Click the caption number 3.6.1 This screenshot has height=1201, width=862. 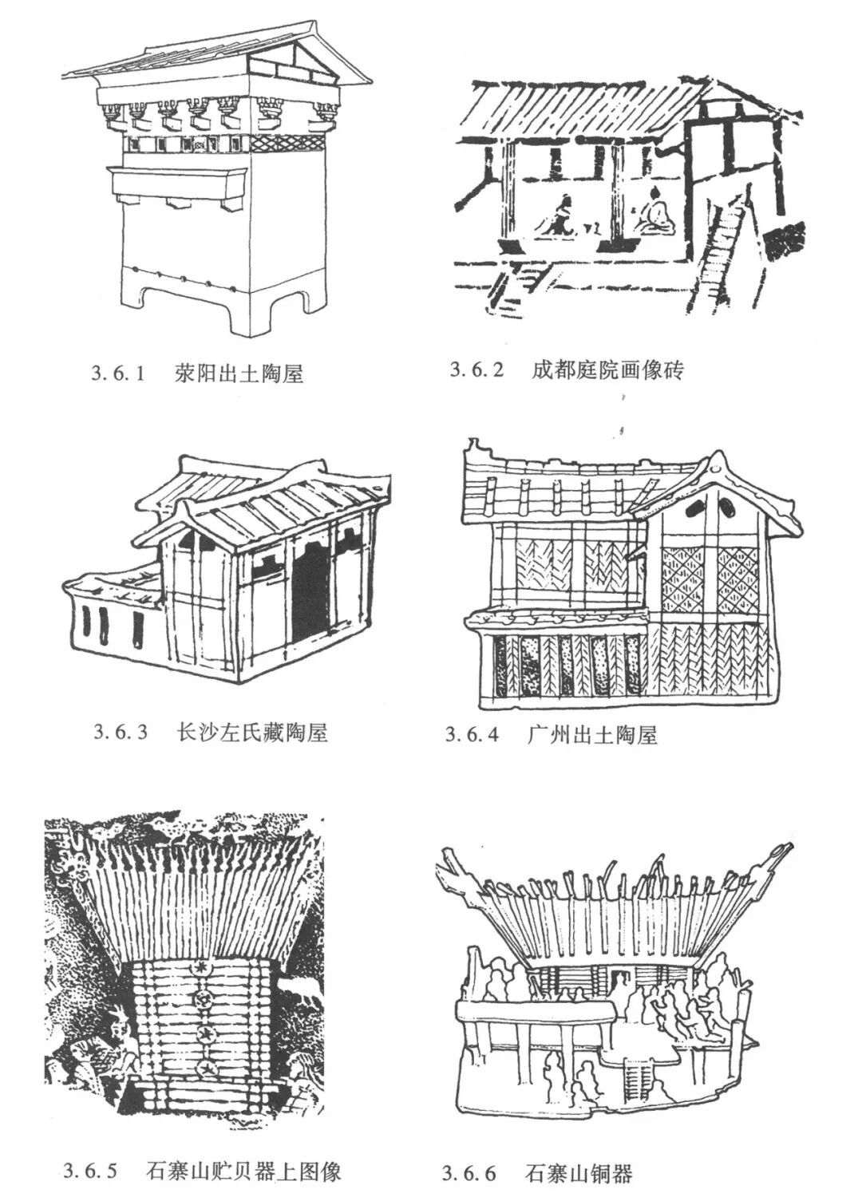tap(117, 373)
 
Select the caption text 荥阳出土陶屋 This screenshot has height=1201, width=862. tap(239, 373)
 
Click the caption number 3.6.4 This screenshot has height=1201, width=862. tap(472, 735)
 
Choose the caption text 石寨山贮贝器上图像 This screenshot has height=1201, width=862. tap(244, 1171)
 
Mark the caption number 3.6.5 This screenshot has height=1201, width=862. tap(90, 1171)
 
